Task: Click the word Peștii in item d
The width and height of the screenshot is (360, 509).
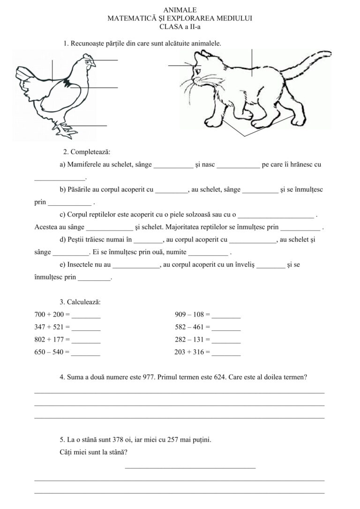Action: (x=76, y=240)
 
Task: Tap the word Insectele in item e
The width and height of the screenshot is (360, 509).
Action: (x=80, y=265)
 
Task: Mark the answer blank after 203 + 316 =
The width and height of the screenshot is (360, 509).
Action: (x=226, y=352)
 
